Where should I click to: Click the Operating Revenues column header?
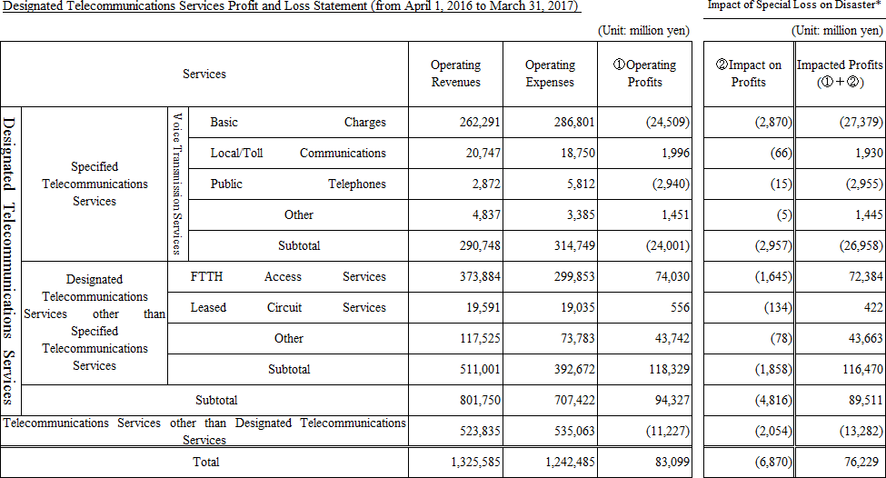[455, 74]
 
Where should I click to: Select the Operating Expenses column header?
[550, 74]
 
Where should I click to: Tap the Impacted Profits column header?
[840, 74]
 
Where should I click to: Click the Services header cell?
[204, 74]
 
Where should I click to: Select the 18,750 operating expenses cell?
[573, 154]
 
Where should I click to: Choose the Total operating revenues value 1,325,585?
[474, 462]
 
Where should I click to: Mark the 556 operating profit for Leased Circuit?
[680, 308]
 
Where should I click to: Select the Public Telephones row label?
[298, 184]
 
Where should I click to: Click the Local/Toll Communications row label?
[298, 154]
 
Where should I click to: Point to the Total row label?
[204, 462]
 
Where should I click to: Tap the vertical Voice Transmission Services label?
[177, 184]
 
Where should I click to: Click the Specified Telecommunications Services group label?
[95, 184]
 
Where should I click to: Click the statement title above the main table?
[291, 7]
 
